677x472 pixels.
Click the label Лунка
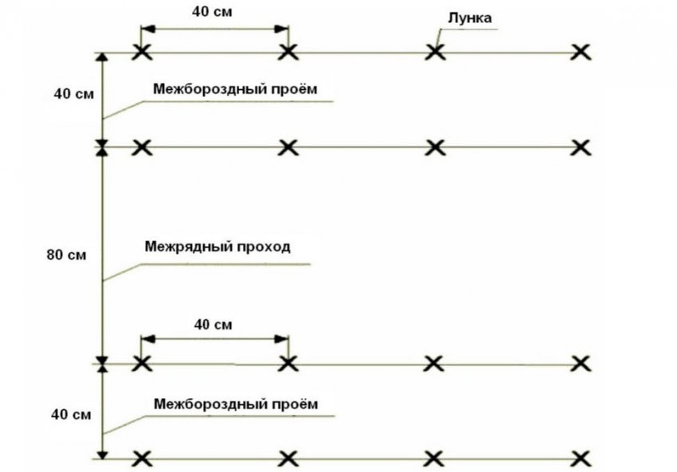pyautogui.click(x=470, y=18)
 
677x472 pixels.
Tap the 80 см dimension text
pyautogui.click(x=66, y=255)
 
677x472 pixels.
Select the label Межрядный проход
pyautogui.click(x=217, y=247)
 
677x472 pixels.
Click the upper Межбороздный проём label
pyautogui.click(x=235, y=89)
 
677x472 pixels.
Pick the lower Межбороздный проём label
pyautogui.click(x=237, y=404)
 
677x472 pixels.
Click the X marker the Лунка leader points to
pyautogui.click(x=435, y=53)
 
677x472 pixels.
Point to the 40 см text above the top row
pyautogui.click(x=212, y=12)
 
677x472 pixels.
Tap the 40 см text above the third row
pyautogui.click(x=213, y=325)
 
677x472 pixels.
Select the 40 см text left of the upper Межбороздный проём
pyautogui.click(x=74, y=94)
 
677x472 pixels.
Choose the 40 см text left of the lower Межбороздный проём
pyautogui.click(x=71, y=415)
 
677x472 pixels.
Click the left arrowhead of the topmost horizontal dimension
pyautogui.click(x=147, y=29)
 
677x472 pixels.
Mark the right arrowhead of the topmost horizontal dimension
pyautogui.click(x=282, y=29)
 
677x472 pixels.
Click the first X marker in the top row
pyautogui.click(x=142, y=53)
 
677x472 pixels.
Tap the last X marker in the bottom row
pyautogui.click(x=581, y=459)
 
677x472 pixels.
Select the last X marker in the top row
pyautogui.click(x=581, y=53)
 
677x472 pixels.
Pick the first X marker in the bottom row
pyautogui.click(x=142, y=459)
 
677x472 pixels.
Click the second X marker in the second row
pyautogui.click(x=288, y=147)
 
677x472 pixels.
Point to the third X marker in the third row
pyautogui.click(x=434, y=364)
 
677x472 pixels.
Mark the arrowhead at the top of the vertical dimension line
pyautogui.click(x=102, y=58)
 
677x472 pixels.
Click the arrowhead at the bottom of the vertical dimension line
pyautogui.click(x=102, y=454)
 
